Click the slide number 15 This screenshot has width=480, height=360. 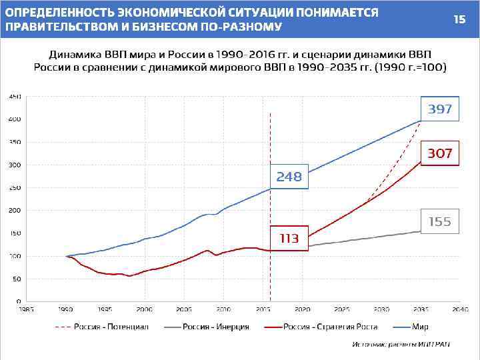pyautogui.click(x=459, y=19)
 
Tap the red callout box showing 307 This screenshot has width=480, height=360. pyautogui.click(x=439, y=153)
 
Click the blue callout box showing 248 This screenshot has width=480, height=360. pyautogui.click(x=289, y=177)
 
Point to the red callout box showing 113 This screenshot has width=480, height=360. pyautogui.click(x=289, y=238)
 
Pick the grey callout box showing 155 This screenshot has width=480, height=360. pyautogui.click(x=439, y=222)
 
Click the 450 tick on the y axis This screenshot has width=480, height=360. pyautogui.click(x=15, y=97)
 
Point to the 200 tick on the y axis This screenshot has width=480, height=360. pyautogui.click(x=15, y=211)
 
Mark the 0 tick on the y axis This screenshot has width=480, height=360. pyautogui.click(x=18, y=301)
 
